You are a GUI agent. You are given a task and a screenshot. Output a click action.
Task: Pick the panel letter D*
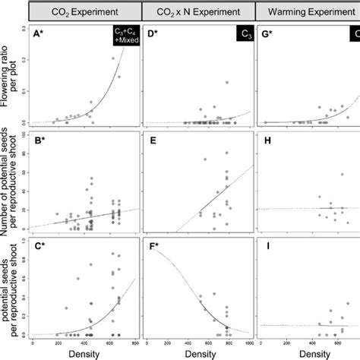coord(153,33)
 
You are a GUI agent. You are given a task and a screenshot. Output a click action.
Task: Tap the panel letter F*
coord(152,247)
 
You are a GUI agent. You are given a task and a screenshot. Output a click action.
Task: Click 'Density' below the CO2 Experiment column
coord(84,353)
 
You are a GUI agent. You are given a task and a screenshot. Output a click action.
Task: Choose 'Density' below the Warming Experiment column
coord(311,353)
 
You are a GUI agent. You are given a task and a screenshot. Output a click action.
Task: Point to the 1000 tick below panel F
coord(248,343)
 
